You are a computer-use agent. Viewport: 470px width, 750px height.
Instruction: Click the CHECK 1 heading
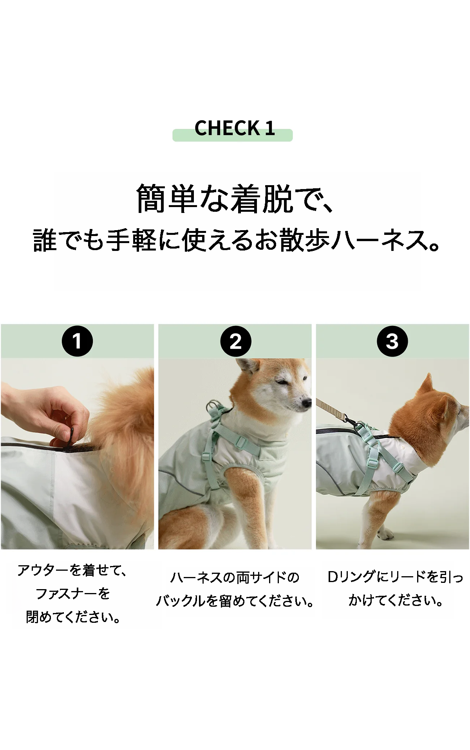(x=234, y=128)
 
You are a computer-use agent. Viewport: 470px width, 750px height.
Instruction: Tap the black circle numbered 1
(x=77, y=341)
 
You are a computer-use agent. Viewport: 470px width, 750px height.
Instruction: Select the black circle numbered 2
(x=235, y=341)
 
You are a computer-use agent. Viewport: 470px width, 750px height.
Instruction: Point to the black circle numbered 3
(x=392, y=341)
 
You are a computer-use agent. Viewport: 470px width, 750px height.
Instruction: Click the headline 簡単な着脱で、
(x=235, y=199)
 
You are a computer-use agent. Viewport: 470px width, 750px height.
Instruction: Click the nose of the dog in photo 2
(x=307, y=403)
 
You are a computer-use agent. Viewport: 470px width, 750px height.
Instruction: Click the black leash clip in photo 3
(x=350, y=423)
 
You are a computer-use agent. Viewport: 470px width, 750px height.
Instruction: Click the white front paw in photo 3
(x=386, y=534)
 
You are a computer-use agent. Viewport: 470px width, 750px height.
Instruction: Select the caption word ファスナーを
(x=72, y=594)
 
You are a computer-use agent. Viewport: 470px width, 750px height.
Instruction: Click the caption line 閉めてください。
(x=73, y=617)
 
